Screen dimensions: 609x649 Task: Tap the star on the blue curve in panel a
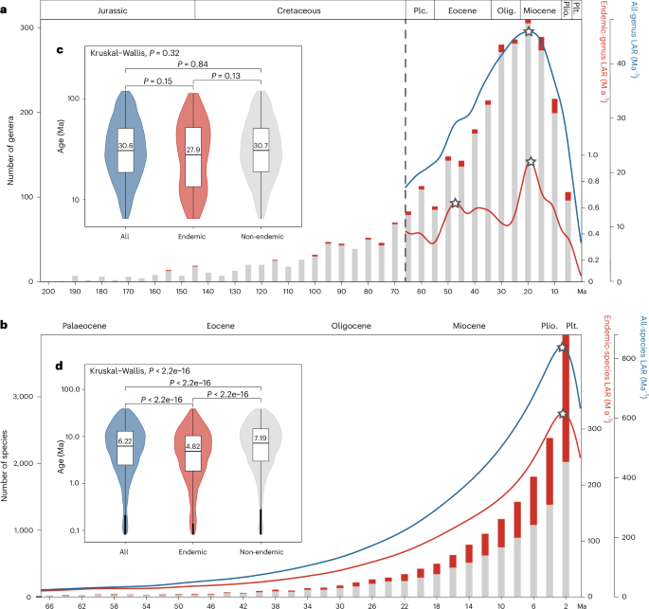click(x=529, y=32)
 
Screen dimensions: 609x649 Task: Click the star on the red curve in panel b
click(x=563, y=414)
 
